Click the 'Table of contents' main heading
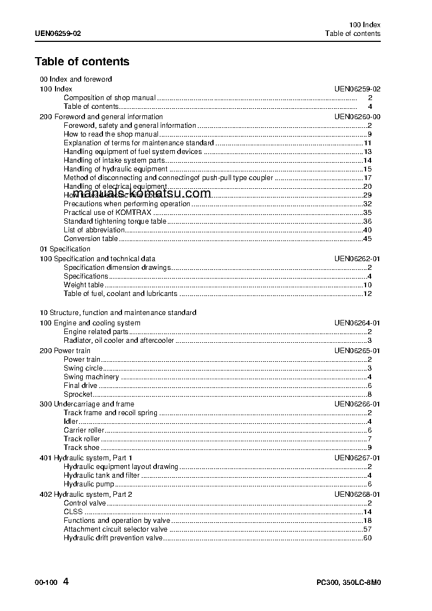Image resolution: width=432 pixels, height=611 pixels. [82, 61]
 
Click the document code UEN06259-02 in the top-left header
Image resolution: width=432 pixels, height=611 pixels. [58, 34]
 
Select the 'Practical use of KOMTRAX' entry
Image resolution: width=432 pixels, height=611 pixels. [107, 213]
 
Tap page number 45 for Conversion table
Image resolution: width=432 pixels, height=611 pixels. [367, 239]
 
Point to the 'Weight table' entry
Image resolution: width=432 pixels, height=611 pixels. [83, 285]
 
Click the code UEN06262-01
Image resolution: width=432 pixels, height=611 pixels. [357, 259]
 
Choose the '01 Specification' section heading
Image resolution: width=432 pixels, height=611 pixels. [65, 249]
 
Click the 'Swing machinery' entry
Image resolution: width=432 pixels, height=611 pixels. [91, 377]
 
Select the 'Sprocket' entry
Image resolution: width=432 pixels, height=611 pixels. [78, 394]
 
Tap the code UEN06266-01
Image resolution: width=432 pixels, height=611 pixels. [357, 404]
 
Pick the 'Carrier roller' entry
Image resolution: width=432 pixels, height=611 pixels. [84, 430]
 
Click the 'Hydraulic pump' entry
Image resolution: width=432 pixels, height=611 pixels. [89, 484]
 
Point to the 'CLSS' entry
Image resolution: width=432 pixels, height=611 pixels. [73, 512]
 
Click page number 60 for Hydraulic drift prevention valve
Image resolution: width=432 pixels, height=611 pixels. [367, 538]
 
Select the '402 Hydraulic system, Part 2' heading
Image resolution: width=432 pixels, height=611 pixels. [86, 495]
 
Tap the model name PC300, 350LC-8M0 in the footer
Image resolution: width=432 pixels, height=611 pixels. [348, 582]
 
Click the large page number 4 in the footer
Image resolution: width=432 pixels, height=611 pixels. [66, 581]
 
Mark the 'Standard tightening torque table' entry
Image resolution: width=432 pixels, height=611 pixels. [115, 221]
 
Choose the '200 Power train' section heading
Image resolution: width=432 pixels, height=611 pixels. [65, 351]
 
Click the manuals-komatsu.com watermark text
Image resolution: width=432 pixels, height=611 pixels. [141, 194]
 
